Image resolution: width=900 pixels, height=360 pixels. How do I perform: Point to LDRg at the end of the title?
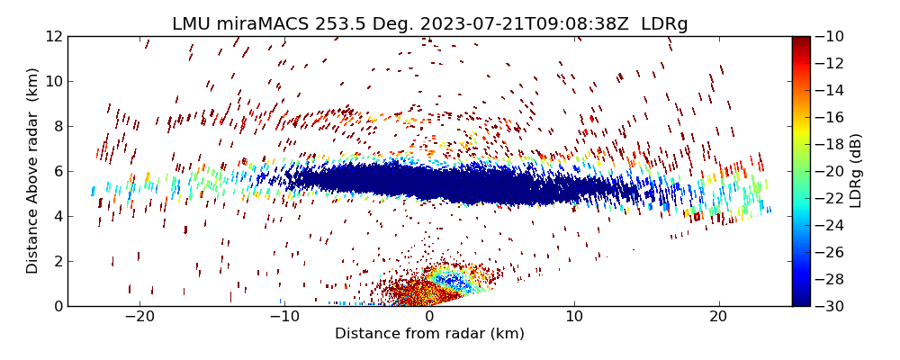(664, 24)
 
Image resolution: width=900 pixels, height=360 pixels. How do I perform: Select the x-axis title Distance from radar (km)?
(429, 334)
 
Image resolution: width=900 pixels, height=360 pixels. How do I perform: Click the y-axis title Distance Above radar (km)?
(33, 171)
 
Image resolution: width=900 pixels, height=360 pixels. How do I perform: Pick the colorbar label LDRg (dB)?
(856, 171)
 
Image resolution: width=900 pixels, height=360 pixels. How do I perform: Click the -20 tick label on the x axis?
(139, 317)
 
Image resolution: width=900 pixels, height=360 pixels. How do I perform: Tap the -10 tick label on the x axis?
(284, 317)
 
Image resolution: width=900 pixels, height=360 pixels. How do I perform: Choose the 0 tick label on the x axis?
(429, 317)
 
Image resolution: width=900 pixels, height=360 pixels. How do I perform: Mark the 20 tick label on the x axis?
(718, 317)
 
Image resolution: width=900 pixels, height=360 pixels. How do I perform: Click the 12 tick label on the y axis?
(54, 36)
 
